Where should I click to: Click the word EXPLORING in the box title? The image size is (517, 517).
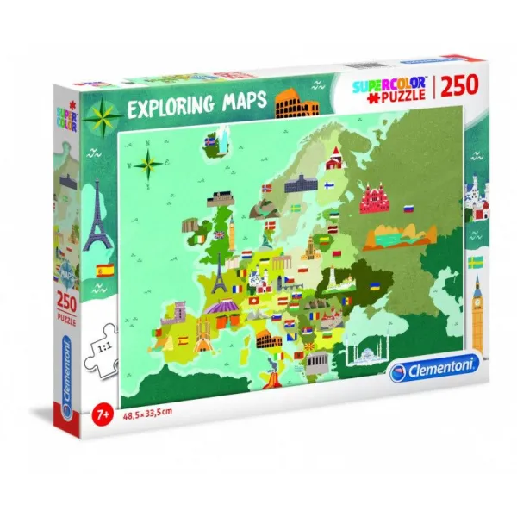[x=171, y=111]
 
